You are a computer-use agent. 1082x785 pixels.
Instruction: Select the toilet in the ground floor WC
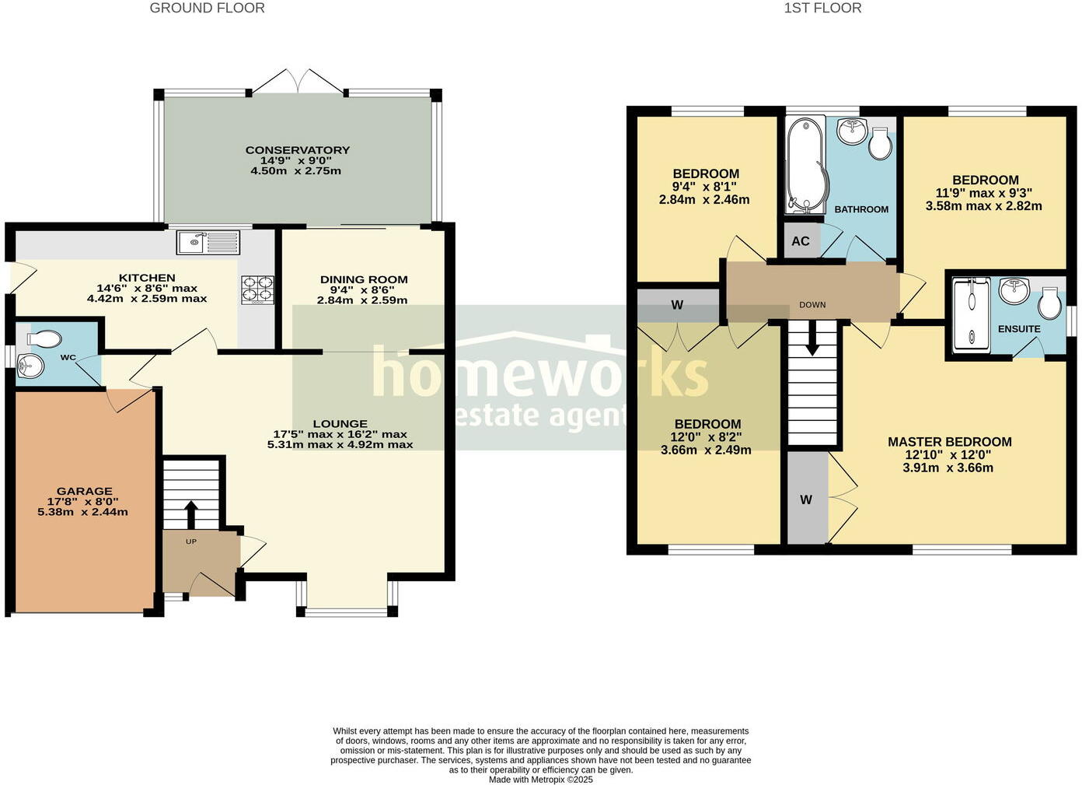tap(44, 339)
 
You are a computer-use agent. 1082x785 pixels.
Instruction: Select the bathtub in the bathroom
tap(805, 165)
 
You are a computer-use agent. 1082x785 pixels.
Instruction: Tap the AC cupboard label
tap(801, 241)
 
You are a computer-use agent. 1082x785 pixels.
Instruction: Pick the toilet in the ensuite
tap(1049, 304)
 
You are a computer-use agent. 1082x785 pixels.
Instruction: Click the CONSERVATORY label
tap(298, 150)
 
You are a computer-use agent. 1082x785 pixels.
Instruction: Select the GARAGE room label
tap(84, 491)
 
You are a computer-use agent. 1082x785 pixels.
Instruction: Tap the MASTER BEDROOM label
tap(949, 442)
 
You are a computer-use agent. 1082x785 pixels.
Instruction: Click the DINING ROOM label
tap(364, 279)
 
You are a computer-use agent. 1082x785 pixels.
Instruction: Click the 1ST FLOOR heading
tap(822, 9)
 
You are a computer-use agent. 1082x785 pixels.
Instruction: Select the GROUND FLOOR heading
tap(207, 9)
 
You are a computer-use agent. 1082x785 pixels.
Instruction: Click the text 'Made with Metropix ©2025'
tap(541, 779)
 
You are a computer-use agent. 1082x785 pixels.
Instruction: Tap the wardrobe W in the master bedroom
tap(806, 499)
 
